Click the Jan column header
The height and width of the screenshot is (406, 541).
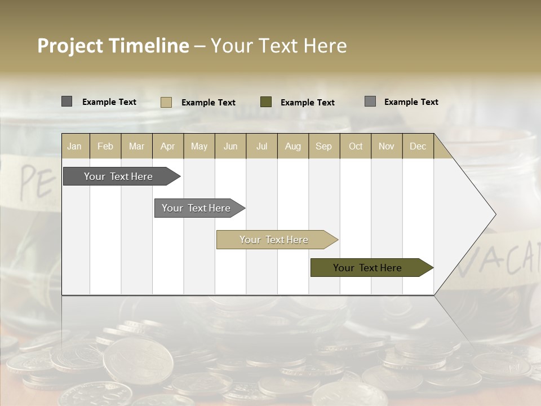[x=74, y=146]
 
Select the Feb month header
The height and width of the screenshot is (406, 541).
[x=105, y=146]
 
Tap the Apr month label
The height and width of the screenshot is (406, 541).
[x=167, y=146]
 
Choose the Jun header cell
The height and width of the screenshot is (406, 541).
[x=230, y=146]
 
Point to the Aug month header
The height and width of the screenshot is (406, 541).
[x=292, y=146]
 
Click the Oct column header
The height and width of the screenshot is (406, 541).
[x=356, y=146]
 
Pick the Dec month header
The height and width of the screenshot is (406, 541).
[x=418, y=146]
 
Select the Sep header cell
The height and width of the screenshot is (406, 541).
[x=323, y=146]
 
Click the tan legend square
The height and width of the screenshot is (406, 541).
[x=166, y=102]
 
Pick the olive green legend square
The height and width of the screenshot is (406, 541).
[x=266, y=102]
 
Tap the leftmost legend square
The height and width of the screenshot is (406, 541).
[x=66, y=101]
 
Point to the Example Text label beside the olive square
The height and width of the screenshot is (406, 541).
[x=308, y=103]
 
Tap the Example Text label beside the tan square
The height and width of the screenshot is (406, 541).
[x=209, y=103]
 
